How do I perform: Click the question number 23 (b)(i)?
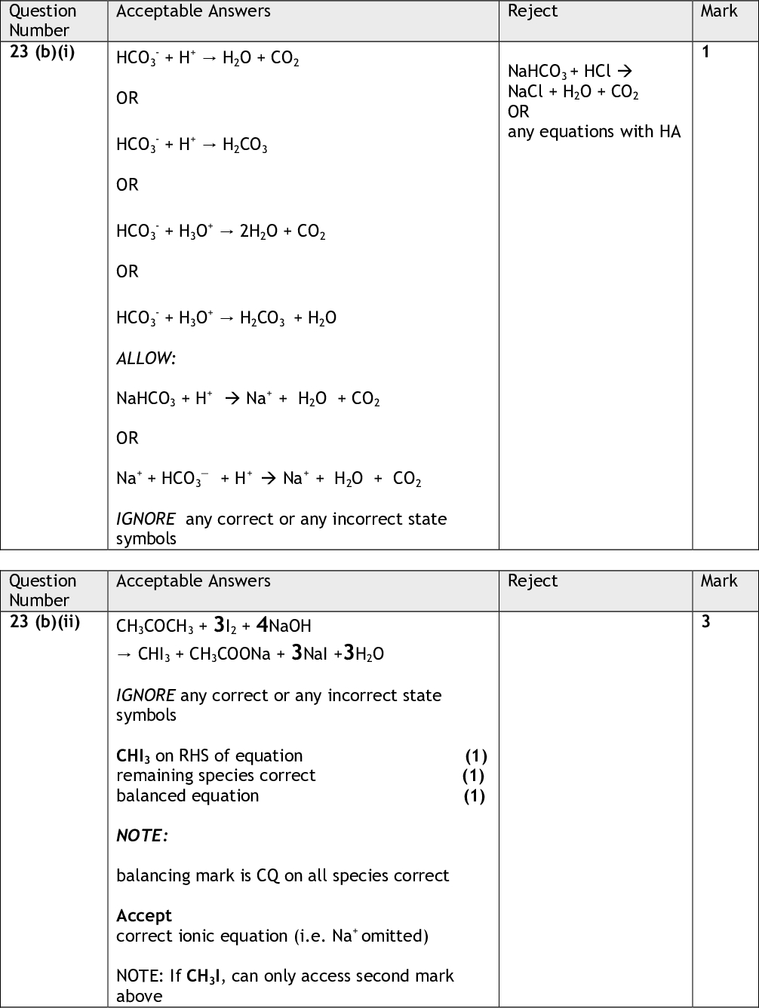point(42,53)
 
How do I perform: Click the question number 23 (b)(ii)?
point(45,623)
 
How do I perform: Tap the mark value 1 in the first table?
point(705,53)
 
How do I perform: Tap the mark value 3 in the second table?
point(705,623)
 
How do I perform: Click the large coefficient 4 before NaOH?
point(262,625)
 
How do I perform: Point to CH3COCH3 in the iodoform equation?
point(155,627)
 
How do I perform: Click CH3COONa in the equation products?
point(230,654)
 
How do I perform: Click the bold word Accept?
point(144,916)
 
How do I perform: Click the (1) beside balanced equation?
point(474,796)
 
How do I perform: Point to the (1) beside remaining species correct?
point(473,776)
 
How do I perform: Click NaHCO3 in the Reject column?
point(537,72)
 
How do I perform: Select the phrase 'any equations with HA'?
point(594,132)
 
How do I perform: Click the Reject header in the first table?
point(533,11)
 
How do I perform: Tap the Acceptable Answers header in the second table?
point(193,581)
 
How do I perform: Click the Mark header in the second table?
point(718,581)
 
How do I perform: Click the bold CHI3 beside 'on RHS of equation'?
point(134,756)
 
